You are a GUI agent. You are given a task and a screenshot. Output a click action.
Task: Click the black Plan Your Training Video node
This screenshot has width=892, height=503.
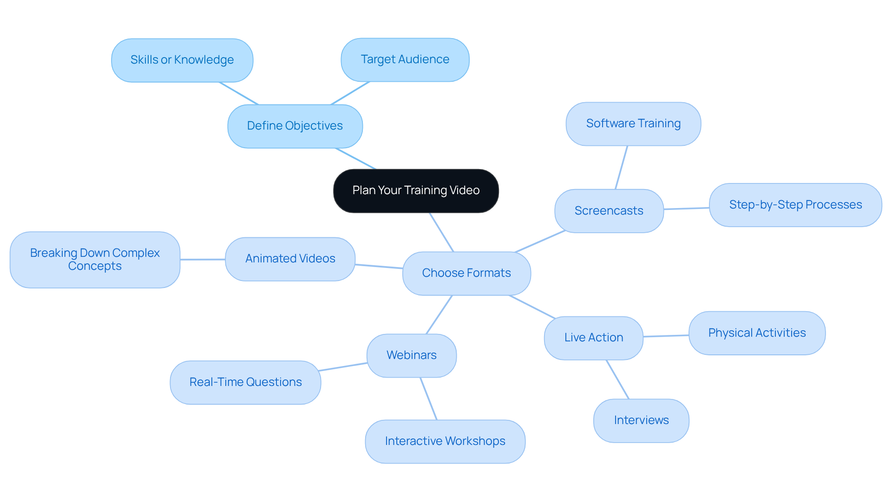pyautogui.click(x=416, y=190)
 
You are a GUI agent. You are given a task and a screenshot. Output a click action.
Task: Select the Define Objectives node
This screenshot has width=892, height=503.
pyautogui.click(x=295, y=126)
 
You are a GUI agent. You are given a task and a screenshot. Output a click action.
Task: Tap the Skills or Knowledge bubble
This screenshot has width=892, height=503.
pyautogui.click(x=182, y=60)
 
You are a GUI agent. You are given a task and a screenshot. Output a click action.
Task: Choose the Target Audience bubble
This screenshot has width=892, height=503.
pyautogui.click(x=405, y=59)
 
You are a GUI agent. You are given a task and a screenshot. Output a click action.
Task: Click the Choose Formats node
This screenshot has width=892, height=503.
pyautogui.click(x=466, y=273)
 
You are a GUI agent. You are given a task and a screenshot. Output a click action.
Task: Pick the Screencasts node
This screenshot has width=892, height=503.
pyautogui.click(x=609, y=211)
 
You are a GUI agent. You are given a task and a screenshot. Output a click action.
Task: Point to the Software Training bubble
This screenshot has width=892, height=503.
pyautogui.click(x=633, y=124)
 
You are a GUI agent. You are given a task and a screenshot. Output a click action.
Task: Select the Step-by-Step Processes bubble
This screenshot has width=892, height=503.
pyautogui.click(x=795, y=205)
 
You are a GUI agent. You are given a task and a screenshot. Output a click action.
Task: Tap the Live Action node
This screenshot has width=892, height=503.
pyautogui.click(x=593, y=338)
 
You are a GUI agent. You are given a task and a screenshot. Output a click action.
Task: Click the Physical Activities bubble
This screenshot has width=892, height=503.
pyautogui.click(x=756, y=333)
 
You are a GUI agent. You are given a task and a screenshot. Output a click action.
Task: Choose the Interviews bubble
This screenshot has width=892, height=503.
pyautogui.click(x=641, y=420)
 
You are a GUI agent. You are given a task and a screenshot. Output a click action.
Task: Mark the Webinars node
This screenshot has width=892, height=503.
pyautogui.click(x=411, y=355)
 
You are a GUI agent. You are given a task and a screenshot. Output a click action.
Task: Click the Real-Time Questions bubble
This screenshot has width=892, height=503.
pyautogui.click(x=245, y=382)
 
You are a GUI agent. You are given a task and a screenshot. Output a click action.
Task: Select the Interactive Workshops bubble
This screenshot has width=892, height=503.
pyautogui.click(x=445, y=441)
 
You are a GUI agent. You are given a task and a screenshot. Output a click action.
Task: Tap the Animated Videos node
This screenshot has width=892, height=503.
pyautogui.click(x=290, y=259)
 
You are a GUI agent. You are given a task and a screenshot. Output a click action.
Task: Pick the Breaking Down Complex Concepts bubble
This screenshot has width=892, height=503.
pyautogui.click(x=95, y=260)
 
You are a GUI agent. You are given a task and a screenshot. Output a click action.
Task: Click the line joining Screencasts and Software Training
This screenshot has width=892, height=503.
pyautogui.click(x=621, y=168)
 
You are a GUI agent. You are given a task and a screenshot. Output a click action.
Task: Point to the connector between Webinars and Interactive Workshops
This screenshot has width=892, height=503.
pyautogui.click(x=428, y=398)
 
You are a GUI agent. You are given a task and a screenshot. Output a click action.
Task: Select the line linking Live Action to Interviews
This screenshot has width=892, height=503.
pyautogui.click(x=617, y=379)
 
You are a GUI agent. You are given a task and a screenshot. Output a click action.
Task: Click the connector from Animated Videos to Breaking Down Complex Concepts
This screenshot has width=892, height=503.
pyautogui.click(x=203, y=259)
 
